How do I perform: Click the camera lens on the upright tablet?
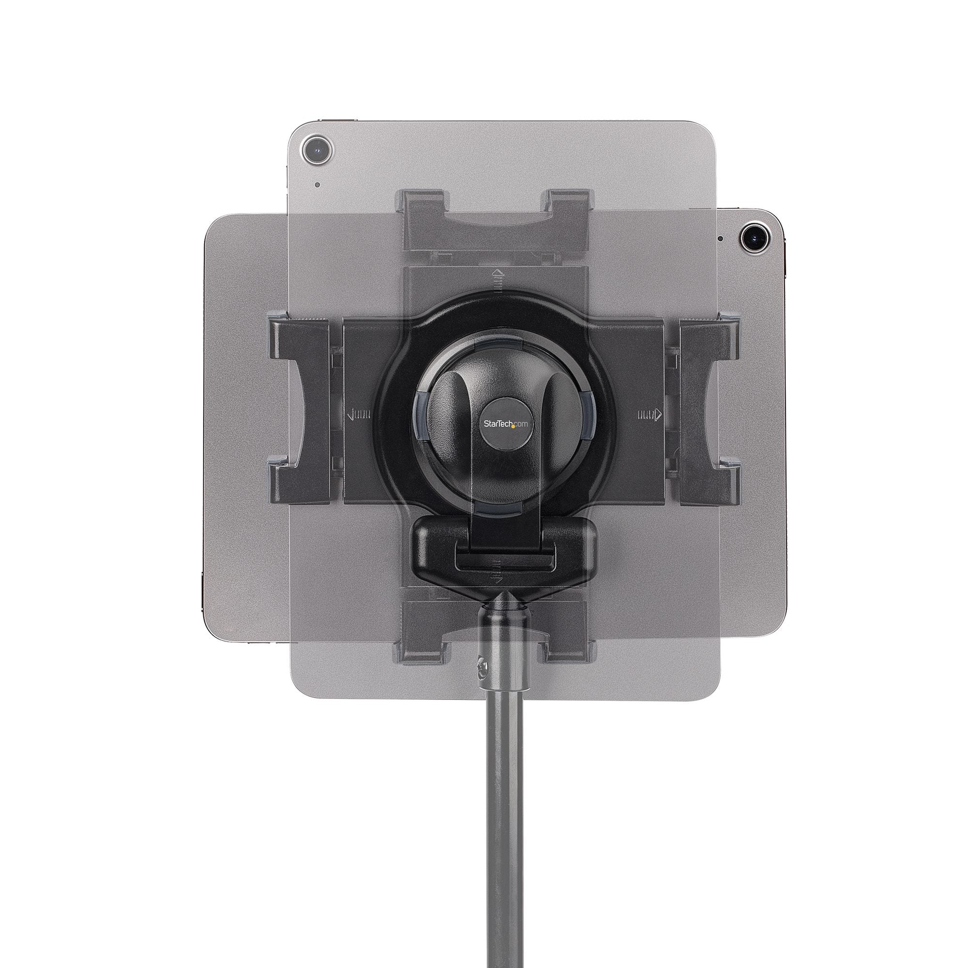(x=316, y=149)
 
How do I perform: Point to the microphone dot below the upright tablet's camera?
(x=317, y=185)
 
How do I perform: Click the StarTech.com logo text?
(x=506, y=423)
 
